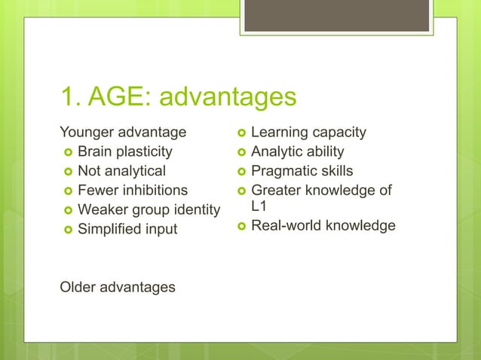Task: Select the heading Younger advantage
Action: (x=123, y=133)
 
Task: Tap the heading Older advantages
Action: (x=118, y=287)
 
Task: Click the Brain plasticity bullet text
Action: (x=125, y=151)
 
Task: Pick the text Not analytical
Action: (x=122, y=171)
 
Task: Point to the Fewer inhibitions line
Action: (x=133, y=190)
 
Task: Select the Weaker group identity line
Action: (x=149, y=209)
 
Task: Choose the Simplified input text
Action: (x=127, y=229)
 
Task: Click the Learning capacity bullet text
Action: (x=308, y=133)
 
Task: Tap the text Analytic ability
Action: (x=297, y=151)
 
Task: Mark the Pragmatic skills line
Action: (x=302, y=171)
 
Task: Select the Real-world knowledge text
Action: (x=323, y=224)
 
